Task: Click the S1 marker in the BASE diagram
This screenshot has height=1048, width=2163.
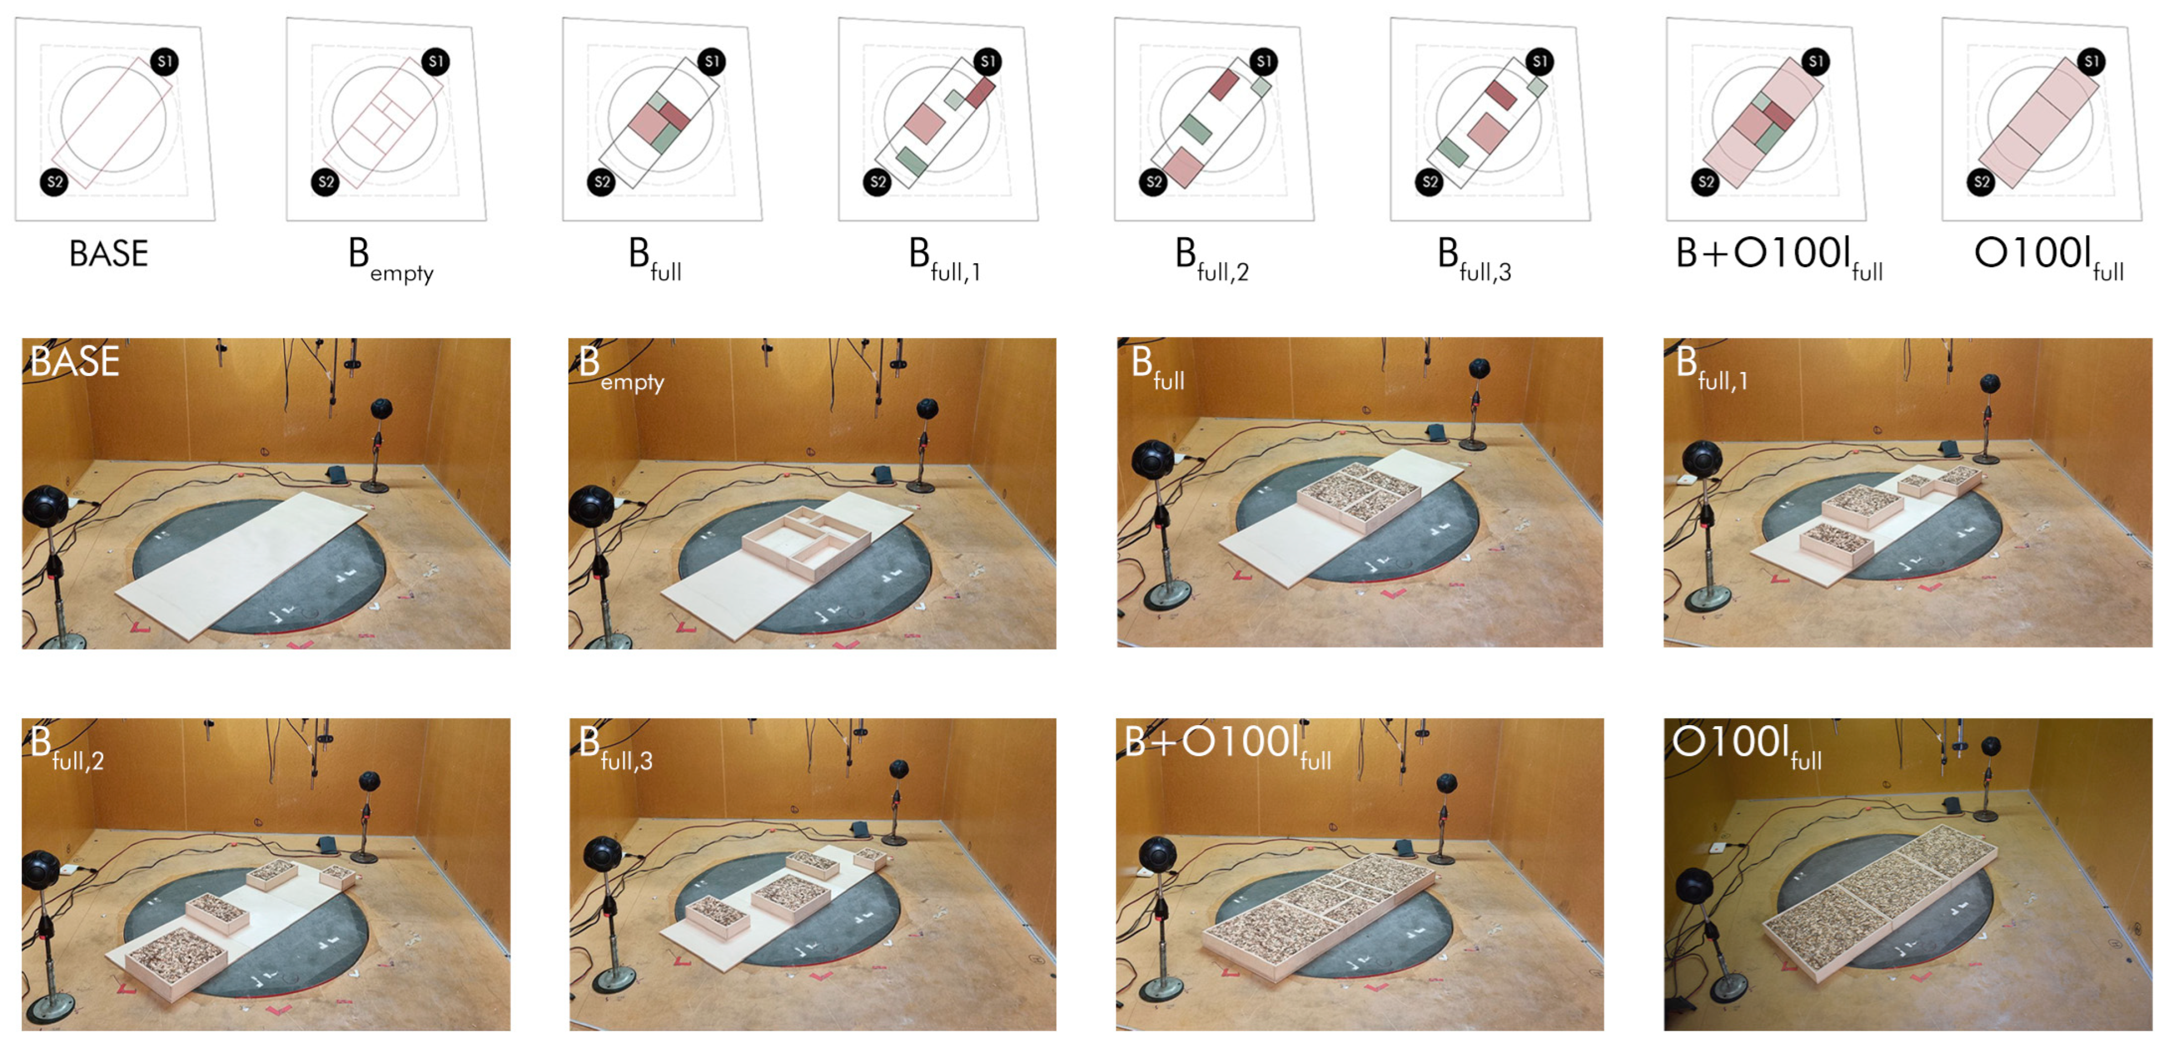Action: [x=165, y=61]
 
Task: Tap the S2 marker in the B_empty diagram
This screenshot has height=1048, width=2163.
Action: [x=325, y=181]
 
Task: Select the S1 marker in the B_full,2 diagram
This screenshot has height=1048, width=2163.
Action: [x=1264, y=61]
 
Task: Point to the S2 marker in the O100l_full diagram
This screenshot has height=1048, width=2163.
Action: [x=1981, y=181]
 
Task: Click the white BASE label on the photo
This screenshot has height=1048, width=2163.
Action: [x=75, y=361]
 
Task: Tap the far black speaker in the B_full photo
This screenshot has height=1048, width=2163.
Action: [x=1479, y=369]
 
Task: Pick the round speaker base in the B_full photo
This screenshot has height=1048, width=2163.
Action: [x=1167, y=597]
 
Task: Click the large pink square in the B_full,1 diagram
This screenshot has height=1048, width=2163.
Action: [x=925, y=123]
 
